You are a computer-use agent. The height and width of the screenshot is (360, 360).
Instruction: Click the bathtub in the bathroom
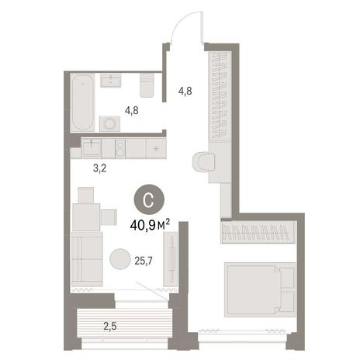coord(82,102)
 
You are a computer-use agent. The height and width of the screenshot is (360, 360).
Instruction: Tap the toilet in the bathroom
coord(147,85)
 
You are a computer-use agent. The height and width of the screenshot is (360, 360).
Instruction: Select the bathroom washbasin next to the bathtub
coord(111,81)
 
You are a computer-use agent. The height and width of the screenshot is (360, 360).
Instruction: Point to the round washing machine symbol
coord(110,123)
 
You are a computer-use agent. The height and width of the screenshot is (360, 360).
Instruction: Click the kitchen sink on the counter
coord(91,148)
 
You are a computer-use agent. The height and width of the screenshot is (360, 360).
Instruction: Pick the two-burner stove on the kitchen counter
coord(120,148)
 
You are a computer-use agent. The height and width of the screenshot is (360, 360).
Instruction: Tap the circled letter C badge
coord(149,199)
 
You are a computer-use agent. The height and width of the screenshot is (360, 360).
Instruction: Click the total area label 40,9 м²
coord(150,225)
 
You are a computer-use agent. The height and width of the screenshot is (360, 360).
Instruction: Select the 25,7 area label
coord(144,261)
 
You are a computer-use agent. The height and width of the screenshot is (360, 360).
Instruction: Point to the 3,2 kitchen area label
coord(100,168)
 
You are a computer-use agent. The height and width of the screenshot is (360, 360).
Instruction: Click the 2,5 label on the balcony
coord(110,327)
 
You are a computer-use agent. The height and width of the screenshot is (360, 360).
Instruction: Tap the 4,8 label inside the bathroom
coord(131,111)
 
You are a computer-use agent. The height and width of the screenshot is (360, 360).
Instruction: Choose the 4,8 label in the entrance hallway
coord(185,91)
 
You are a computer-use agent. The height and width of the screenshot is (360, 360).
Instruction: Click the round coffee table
coord(119,259)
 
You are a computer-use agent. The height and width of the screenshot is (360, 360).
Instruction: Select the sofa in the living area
coord(87,259)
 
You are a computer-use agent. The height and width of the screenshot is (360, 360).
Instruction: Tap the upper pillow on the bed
coord(288,279)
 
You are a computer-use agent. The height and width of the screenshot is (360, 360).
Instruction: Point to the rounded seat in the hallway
coord(204,161)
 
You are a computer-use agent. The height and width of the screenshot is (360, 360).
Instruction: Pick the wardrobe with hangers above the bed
coord(258,232)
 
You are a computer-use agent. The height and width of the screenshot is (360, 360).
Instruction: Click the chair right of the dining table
coord(109,217)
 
